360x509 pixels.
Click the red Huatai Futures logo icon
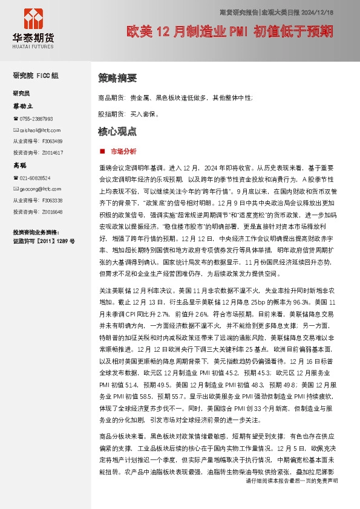tap(33, 21)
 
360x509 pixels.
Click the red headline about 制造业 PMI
tap(229, 30)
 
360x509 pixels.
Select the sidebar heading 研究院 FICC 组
tap(36, 76)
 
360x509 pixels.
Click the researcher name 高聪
tap(21, 165)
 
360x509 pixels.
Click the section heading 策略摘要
tap(117, 78)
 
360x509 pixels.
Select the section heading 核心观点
tap(117, 131)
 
